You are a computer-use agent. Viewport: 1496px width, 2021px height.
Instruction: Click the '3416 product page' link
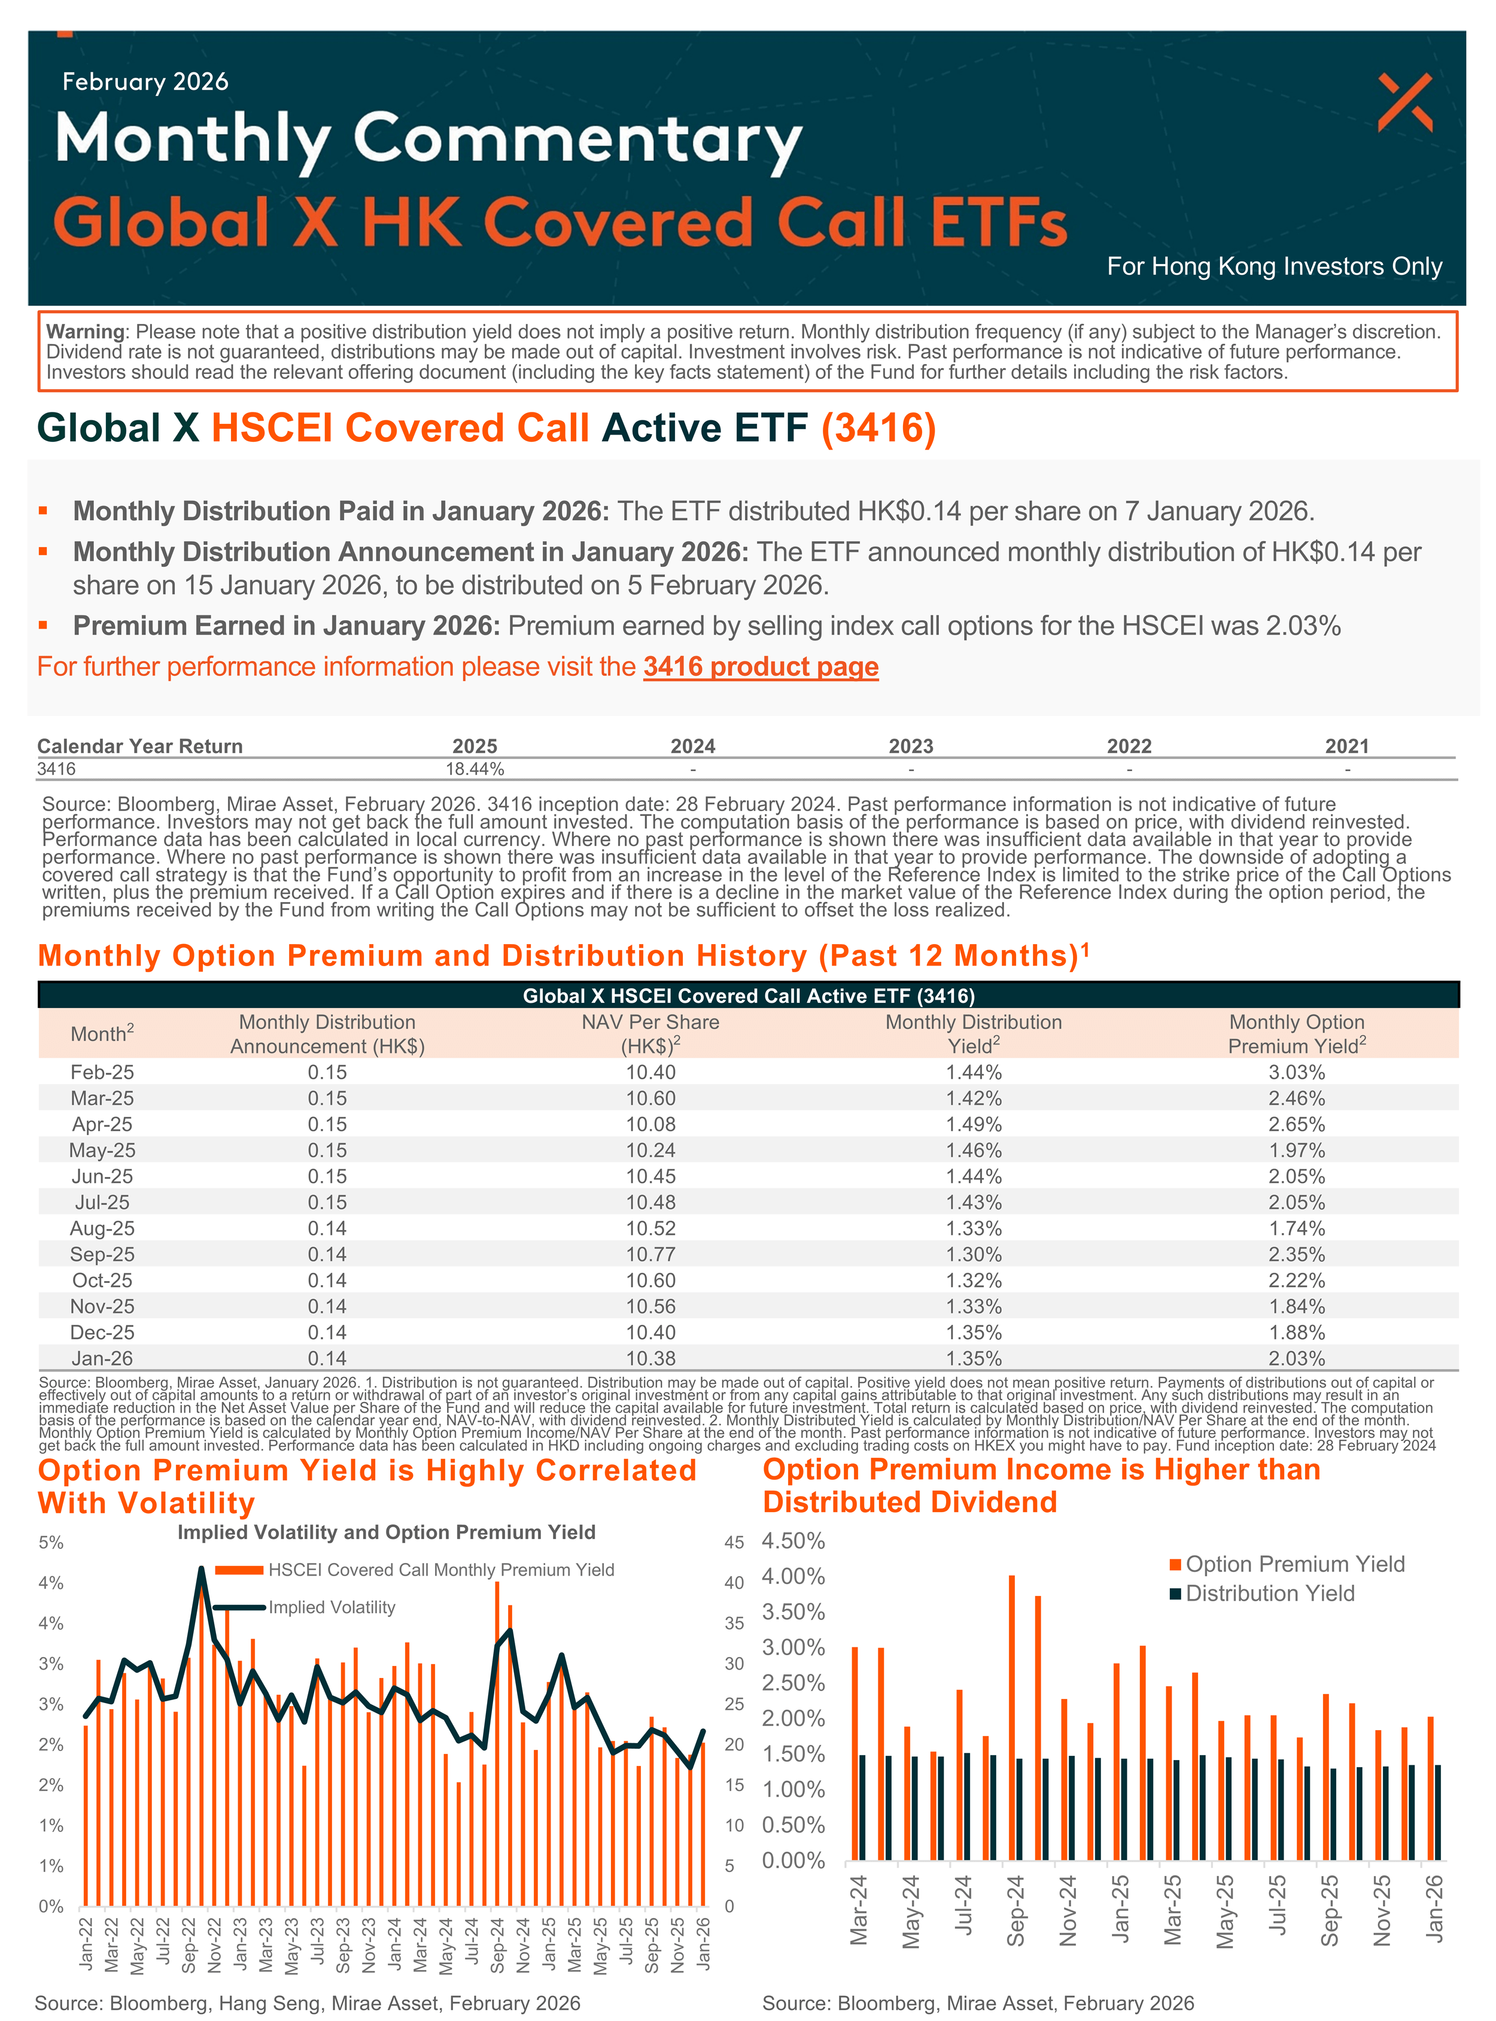(x=761, y=667)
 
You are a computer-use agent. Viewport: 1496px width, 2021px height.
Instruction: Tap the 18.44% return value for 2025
(x=475, y=769)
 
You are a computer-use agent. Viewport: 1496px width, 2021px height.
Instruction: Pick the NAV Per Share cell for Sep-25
(x=650, y=1255)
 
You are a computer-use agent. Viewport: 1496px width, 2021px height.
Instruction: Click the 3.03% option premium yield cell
(x=1296, y=1073)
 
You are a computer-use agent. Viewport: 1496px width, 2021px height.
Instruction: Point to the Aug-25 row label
(x=102, y=1228)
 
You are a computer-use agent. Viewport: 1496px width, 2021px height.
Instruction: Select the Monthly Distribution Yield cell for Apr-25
(x=974, y=1124)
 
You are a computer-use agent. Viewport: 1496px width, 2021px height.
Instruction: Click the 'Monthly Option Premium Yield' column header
(x=1296, y=1034)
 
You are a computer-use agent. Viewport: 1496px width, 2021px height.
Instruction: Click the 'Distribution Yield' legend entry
(x=1270, y=1594)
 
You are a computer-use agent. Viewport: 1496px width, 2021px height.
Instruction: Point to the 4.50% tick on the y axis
(x=793, y=1541)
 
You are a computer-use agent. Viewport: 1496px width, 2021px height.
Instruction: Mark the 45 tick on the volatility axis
(x=734, y=1542)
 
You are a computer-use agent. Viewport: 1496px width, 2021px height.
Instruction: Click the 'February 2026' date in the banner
(x=145, y=81)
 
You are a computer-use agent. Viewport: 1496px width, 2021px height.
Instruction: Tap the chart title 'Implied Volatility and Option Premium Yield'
(x=386, y=1532)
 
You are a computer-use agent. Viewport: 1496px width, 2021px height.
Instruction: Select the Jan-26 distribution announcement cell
(x=327, y=1358)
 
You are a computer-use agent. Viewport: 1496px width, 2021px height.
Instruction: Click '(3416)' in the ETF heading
(x=878, y=427)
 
